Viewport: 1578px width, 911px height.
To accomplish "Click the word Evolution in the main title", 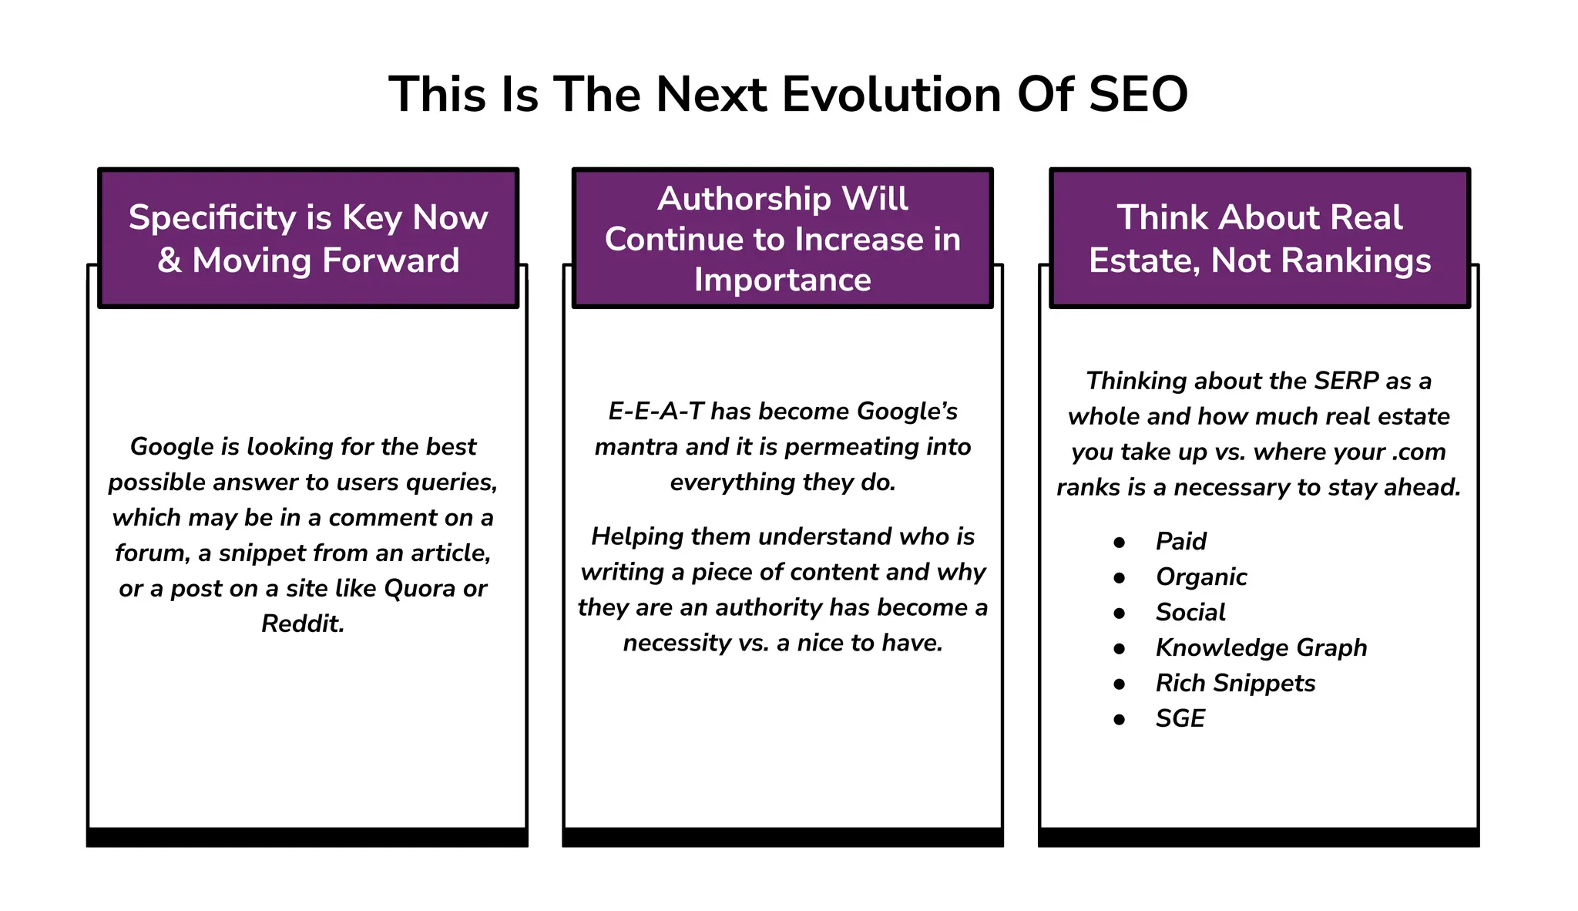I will pos(891,95).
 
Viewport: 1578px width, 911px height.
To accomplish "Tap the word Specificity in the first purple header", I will pos(212,217).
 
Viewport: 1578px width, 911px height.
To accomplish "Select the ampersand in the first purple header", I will pos(170,261).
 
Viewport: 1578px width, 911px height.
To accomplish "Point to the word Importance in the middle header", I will pos(782,280).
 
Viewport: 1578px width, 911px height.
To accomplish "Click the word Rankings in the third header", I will pos(1359,261).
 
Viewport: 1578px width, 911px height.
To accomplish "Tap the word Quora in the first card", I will pos(419,589).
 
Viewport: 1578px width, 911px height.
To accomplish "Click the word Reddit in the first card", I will pos(302,624).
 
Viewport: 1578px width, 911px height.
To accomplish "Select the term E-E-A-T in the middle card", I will pos(656,411).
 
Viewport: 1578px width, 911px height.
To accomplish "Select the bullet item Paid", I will pos(1180,541).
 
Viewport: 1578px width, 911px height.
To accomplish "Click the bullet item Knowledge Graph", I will pos(1261,647).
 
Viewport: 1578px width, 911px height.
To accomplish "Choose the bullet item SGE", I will pos(1180,718).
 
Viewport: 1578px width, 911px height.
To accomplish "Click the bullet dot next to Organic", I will pos(1120,577).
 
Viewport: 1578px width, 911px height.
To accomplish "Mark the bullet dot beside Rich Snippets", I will pos(1120,684).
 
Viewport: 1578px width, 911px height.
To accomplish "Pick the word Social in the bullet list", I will pos(1190,612).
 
